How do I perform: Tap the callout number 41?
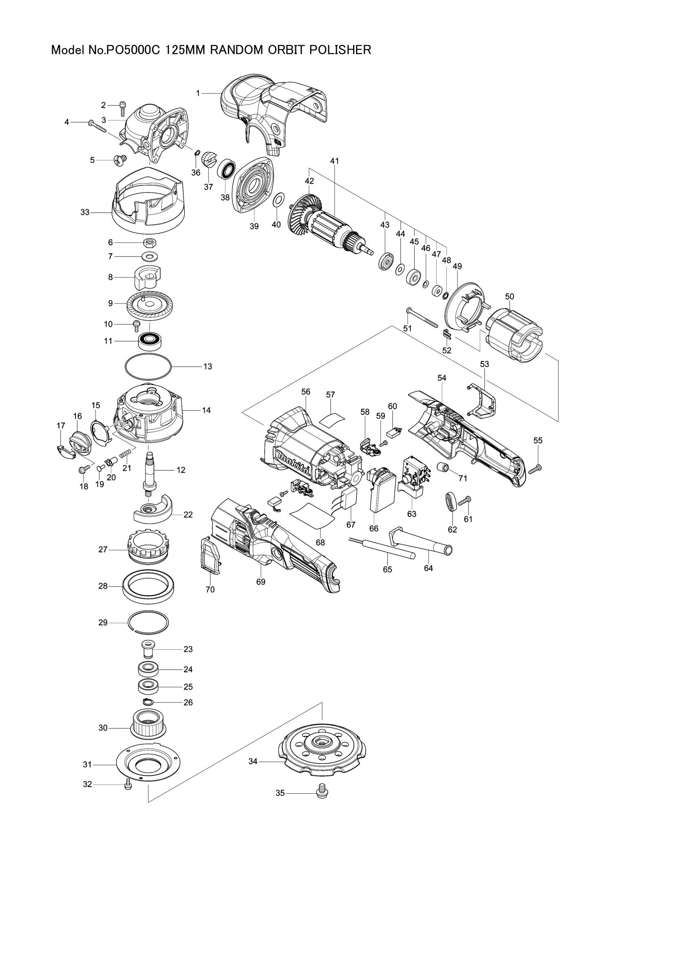coord(335,161)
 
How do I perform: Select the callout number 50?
coord(510,296)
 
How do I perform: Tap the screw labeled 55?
coord(535,469)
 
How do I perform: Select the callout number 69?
coord(261,582)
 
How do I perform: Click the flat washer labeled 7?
coord(149,257)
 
